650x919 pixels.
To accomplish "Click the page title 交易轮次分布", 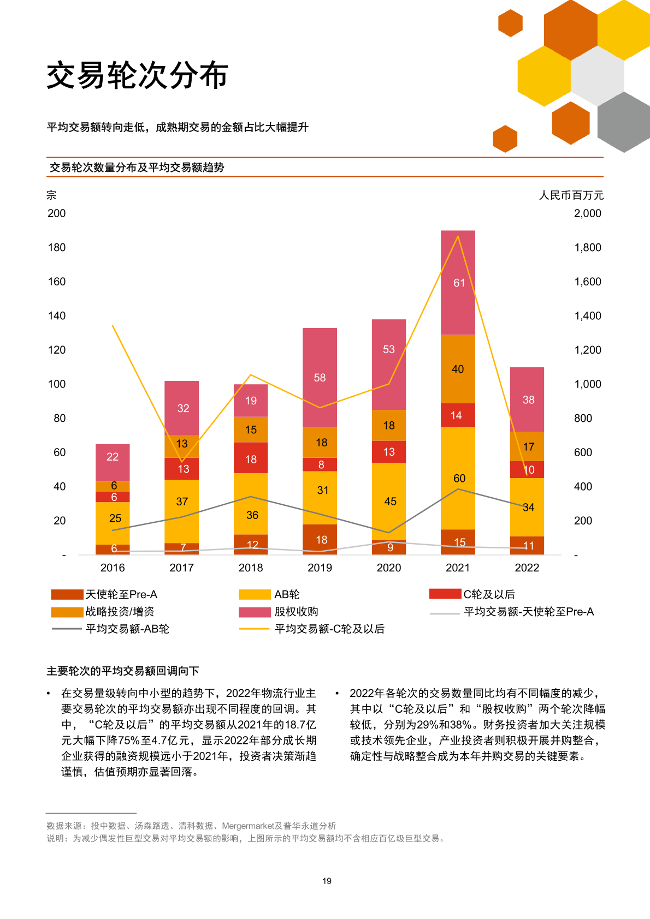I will click(137, 75).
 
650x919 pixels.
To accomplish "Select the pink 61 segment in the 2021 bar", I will click(458, 283).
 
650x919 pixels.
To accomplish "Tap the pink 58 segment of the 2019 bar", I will click(320, 378).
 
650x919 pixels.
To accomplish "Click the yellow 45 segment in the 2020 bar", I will click(389, 501).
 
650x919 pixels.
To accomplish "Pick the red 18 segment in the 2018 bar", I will click(251, 458).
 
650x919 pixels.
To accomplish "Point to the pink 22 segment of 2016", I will click(113, 457).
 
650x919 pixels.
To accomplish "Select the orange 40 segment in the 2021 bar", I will click(458, 369).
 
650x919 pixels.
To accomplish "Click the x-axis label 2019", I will click(320, 568).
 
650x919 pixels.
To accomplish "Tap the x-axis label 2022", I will click(527, 568).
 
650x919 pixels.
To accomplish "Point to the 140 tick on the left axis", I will click(57, 315).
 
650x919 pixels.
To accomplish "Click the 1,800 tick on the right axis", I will click(587, 247).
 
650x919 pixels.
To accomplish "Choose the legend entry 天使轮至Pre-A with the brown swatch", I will click(121, 594).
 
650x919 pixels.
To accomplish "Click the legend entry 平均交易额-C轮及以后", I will click(329, 629).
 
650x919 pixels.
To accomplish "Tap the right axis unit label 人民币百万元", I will click(571, 195).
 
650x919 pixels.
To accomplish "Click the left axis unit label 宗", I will click(51, 195).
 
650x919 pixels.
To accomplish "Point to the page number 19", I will click(327, 881).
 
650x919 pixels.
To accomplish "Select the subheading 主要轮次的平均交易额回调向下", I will click(122, 671).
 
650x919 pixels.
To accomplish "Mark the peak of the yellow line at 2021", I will click(458, 236).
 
